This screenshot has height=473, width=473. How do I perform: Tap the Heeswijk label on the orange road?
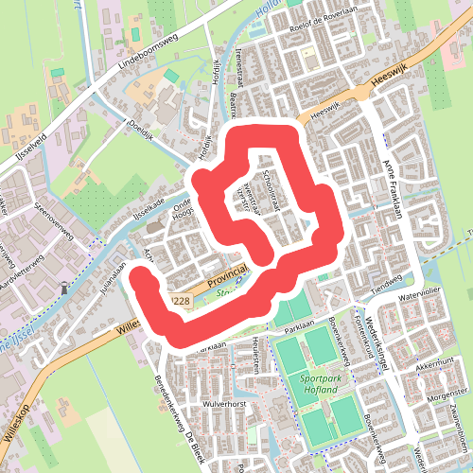pyautogui.click(x=388, y=84)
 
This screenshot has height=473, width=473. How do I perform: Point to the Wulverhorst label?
pyautogui.click(x=223, y=402)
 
